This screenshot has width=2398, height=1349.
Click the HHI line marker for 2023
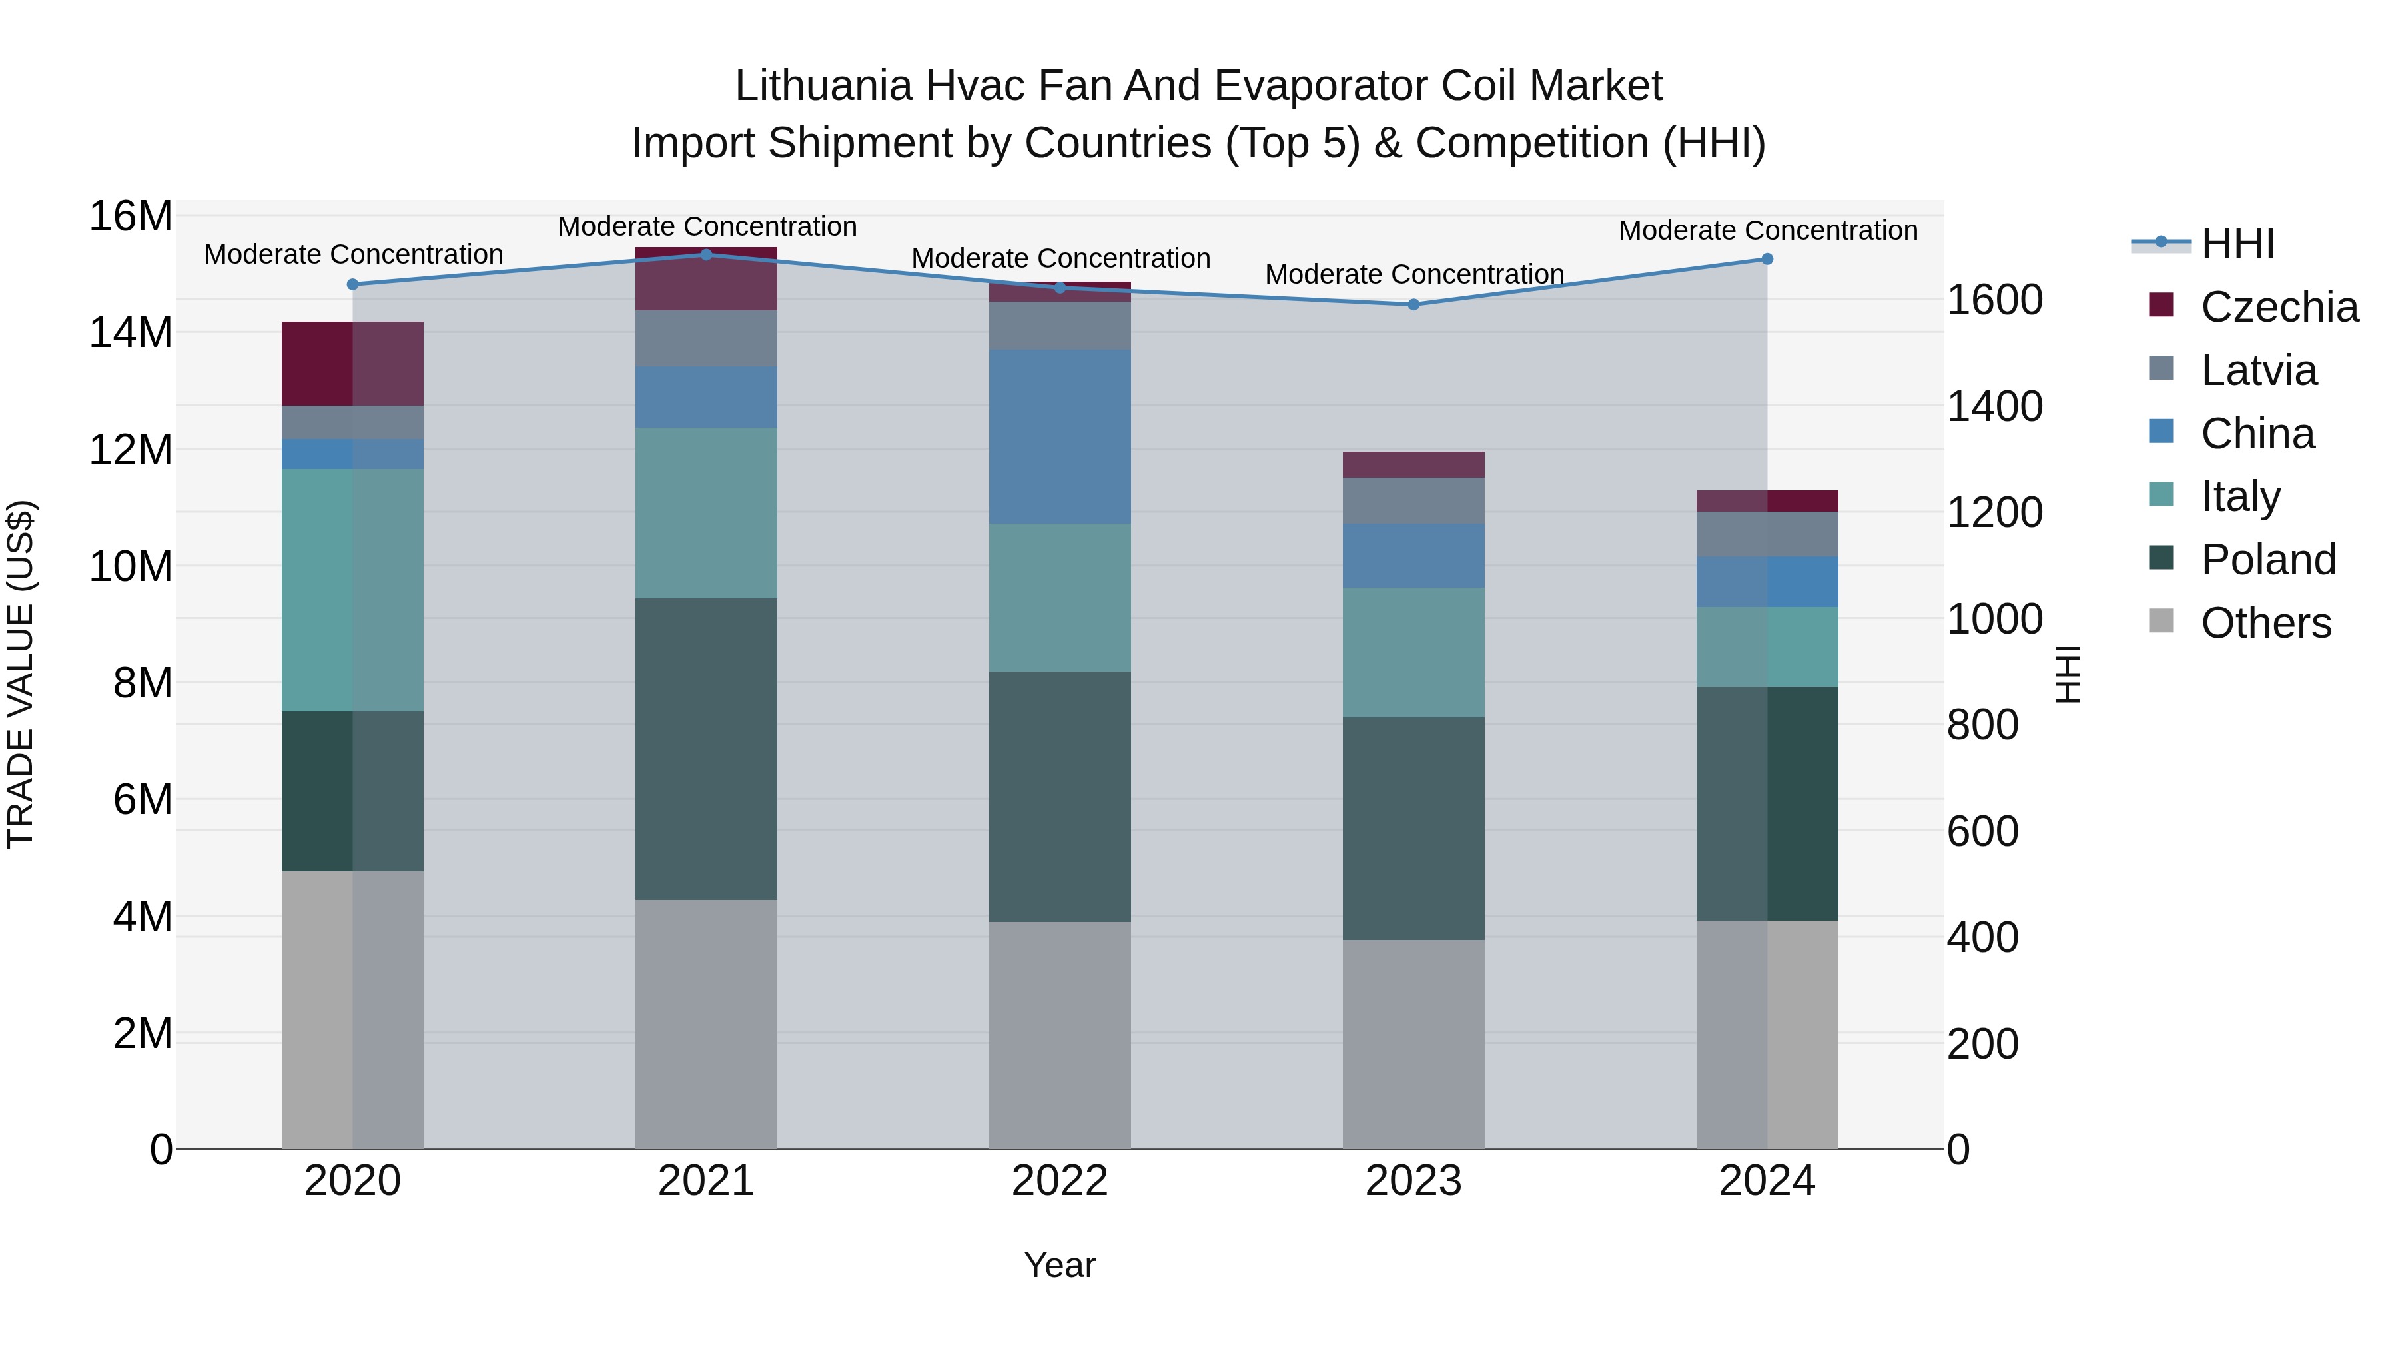[x=1413, y=304]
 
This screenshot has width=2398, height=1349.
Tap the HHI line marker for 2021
[x=705, y=255]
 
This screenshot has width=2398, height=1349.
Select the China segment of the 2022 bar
[x=1059, y=436]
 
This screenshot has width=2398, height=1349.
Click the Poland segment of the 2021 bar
[x=705, y=749]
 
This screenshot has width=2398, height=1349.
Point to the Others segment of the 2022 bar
[x=1059, y=1035]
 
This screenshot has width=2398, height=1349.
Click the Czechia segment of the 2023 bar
[x=1413, y=464]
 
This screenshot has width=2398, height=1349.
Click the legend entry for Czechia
[x=2279, y=307]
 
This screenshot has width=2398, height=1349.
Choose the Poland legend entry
[x=2267, y=560]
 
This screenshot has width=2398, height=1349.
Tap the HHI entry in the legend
[x=2237, y=244]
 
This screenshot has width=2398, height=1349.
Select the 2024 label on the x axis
[x=1766, y=1181]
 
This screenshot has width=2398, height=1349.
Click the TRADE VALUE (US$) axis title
[x=21, y=674]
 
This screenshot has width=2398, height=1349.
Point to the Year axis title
[x=1059, y=1265]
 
